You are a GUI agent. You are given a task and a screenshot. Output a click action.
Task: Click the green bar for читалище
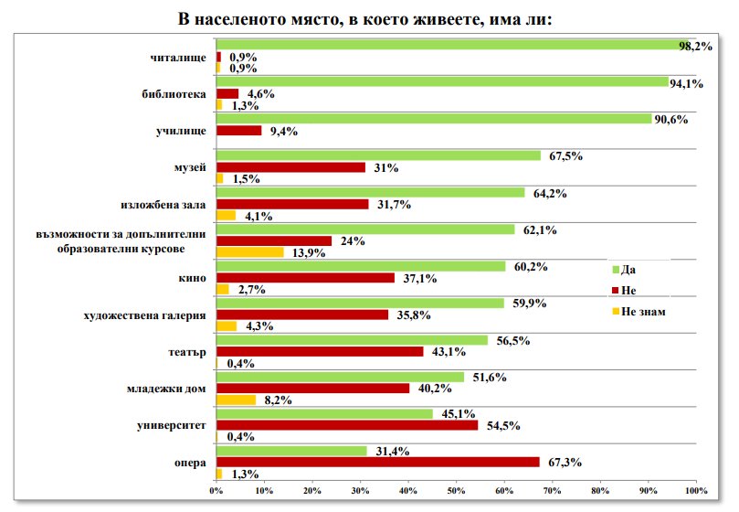pyautogui.click(x=452, y=45)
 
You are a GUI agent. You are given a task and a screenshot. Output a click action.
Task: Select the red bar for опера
pyautogui.click(x=377, y=462)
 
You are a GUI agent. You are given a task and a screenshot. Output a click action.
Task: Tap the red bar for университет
pyautogui.click(x=346, y=425)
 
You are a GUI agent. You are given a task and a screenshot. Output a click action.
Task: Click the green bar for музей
pyautogui.click(x=378, y=155)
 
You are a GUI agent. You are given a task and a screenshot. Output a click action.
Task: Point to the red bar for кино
pyautogui.click(x=305, y=277)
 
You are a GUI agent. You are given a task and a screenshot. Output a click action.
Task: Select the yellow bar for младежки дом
pyautogui.click(x=236, y=400)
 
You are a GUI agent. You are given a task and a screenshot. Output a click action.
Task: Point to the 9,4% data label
pyautogui.click(x=280, y=131)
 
